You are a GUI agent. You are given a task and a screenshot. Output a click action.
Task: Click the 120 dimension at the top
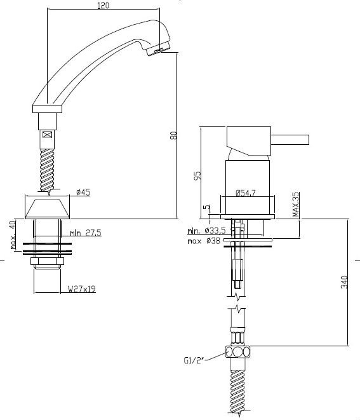point(103,5)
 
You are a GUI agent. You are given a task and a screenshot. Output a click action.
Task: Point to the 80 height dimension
point(174,135)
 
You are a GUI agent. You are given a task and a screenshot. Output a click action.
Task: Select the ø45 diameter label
point(83,192)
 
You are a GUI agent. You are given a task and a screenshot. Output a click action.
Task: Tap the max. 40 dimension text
point(13,234)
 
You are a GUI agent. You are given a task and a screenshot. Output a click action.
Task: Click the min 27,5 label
point(86,233)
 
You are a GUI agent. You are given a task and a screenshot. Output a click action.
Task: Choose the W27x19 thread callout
point(82,289)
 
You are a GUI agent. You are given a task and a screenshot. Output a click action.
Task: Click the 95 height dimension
point(197,176)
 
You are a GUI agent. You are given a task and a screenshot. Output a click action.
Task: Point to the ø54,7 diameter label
point(246,193)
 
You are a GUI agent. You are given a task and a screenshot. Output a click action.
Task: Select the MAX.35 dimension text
point(296,205)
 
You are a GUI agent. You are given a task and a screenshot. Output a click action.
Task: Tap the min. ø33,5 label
point(206,231)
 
